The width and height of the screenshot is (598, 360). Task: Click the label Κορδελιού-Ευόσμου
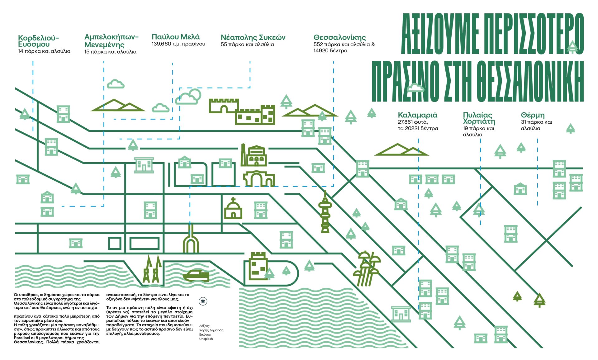pos(38,41)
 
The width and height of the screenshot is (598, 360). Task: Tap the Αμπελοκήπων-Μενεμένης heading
pos(111,40)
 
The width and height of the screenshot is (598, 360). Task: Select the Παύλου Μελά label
pos(176,37)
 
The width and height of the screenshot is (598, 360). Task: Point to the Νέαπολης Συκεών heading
pos(253,37)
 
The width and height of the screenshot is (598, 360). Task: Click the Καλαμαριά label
pos(417,115)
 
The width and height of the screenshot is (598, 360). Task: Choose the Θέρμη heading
pos(533,115)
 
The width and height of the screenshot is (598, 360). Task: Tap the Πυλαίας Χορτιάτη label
pos(479,118)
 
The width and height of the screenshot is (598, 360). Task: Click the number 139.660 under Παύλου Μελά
pos(161,44)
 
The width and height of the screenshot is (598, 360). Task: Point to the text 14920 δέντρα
pos(330,50)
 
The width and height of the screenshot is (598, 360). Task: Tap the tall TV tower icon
pos(325,212)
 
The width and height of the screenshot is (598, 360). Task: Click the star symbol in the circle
pos(203,301)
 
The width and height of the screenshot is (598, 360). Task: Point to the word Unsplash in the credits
pos(206,339)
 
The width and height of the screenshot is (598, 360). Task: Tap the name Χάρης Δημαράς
pos(211,330)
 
